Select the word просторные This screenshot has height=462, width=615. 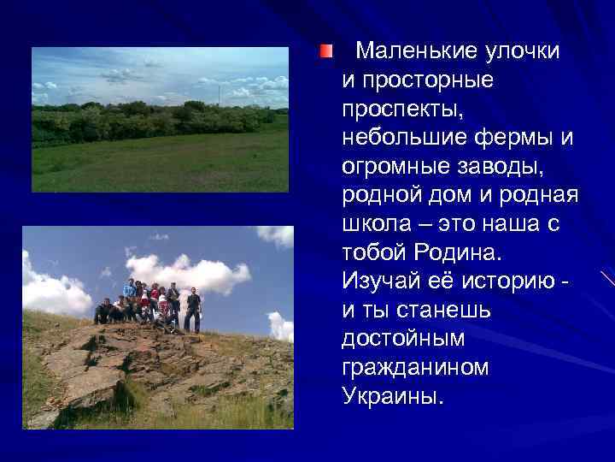click(x=413, y=80)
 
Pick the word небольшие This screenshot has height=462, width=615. click(x=393, y=138)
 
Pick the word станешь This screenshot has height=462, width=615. click(x=426, y=311)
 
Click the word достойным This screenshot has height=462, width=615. click(x=403, y=339)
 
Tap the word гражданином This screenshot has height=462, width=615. click(x=415, y=368)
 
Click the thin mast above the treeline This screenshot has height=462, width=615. click(x=219, y=93)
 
